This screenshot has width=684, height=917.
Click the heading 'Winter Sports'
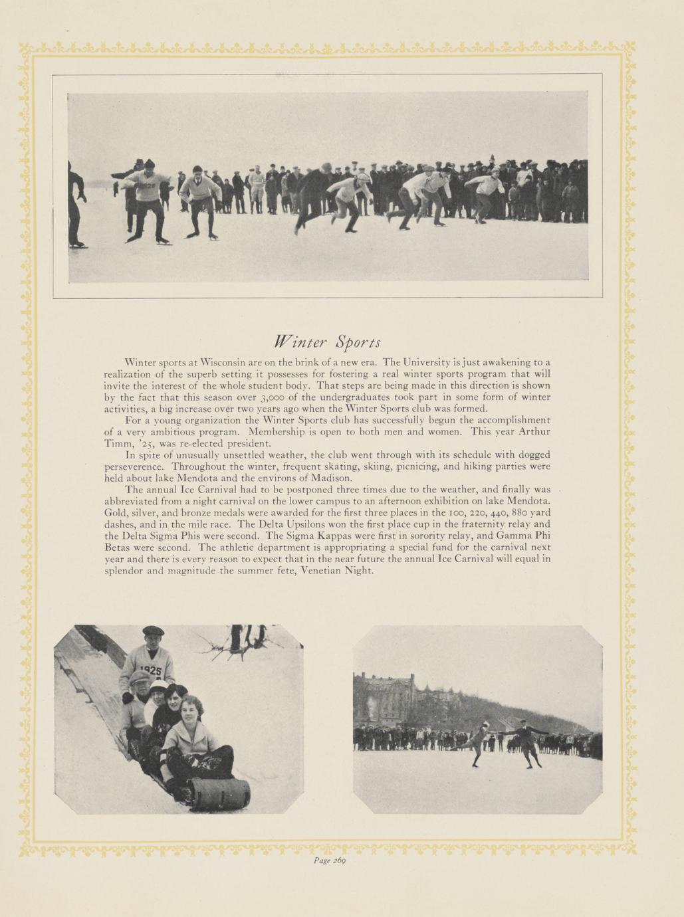[328, 342]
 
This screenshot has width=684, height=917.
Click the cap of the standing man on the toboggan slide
[153, 631]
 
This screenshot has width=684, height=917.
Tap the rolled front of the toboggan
[219, 793]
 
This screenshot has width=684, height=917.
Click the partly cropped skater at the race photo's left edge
[76, 206]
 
